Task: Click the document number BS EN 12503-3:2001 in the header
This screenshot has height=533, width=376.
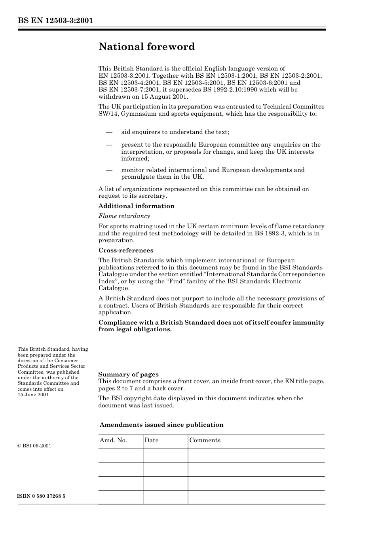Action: point(55,21)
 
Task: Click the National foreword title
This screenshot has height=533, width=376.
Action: point(146,47)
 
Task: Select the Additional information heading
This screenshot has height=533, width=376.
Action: point(136,206)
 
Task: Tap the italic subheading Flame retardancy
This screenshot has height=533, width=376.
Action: point(124,216)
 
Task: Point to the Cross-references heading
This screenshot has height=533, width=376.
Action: point(126,250)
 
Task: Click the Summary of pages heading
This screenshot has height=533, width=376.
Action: point(128,374)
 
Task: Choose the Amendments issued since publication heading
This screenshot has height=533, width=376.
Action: point(161,425)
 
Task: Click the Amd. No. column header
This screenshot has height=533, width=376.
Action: point(113,440)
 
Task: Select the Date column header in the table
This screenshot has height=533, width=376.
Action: point(152,440)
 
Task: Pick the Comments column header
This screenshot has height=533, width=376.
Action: point(205,440)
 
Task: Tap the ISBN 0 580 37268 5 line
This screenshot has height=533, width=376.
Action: point(42,496)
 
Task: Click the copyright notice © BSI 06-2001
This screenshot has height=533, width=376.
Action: point(34,446)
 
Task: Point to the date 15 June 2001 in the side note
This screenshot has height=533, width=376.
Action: point(33,395)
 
